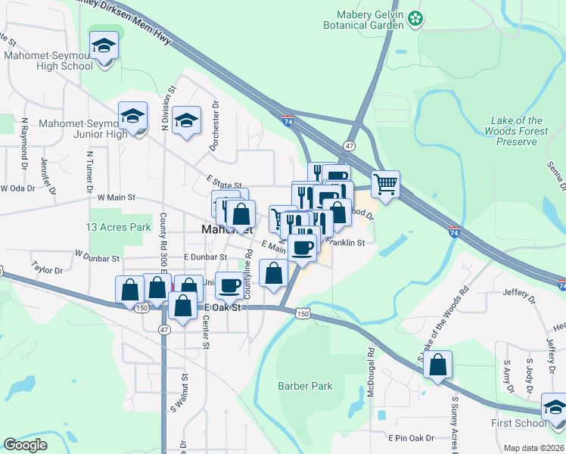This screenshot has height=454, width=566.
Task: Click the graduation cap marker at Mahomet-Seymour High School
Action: [x=104, y=48]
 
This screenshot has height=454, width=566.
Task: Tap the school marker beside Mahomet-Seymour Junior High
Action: [x=133, y=117]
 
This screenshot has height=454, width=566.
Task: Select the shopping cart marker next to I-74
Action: [x=386, y=184]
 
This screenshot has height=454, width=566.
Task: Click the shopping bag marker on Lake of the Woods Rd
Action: [x=438, y=365]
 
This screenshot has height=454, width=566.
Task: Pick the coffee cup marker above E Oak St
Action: [x=230, y=286]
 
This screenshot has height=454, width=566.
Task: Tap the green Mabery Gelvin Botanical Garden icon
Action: [x=415, y=18]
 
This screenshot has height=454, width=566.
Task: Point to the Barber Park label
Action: [x=305, y=386]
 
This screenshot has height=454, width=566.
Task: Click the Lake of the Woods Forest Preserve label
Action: [x=516, y=131]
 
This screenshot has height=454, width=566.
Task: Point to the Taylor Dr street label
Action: [x=46, y=269]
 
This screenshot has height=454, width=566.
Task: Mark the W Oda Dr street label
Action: [x=17, y=188]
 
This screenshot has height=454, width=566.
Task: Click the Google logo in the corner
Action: [x=26, y=445]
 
